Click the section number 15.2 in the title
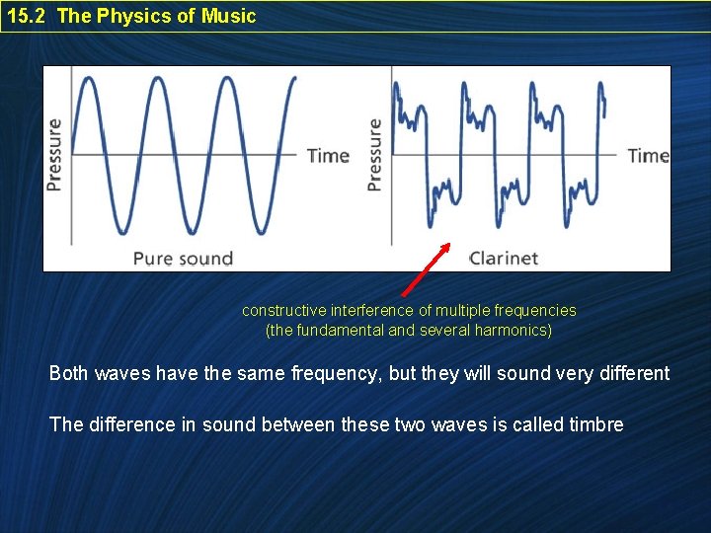[26, 16]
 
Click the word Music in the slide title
[229, 16]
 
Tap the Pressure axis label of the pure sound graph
[54, 155]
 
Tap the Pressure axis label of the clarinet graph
[374, 155]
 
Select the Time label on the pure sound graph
[328, 155]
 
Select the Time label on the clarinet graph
[648, 155]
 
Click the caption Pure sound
[183, 259]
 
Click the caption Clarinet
[504, 259]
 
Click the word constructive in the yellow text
[284, 310]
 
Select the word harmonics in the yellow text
[512, 330]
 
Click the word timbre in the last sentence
[596, 424]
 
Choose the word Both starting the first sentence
[69, 374]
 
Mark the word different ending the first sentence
[632, 374]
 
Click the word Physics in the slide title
[140, 16]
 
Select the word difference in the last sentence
[124, 424]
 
